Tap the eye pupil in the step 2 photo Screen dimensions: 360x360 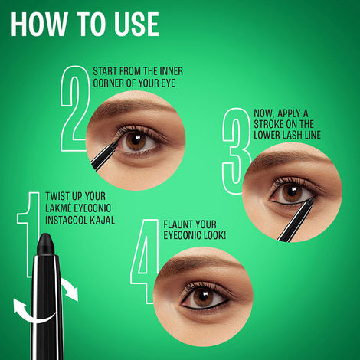pyautogui.click(x=139, y=140)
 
